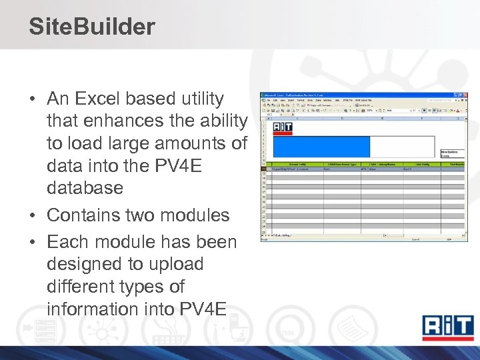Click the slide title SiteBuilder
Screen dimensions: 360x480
[92, 27]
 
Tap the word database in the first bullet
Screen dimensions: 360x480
[85, 188]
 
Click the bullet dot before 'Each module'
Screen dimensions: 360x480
[33, 242]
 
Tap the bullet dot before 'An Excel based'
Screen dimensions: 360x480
[33, 99]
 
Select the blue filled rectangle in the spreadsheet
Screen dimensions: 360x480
[321, 147]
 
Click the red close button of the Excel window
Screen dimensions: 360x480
[465, 95]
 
